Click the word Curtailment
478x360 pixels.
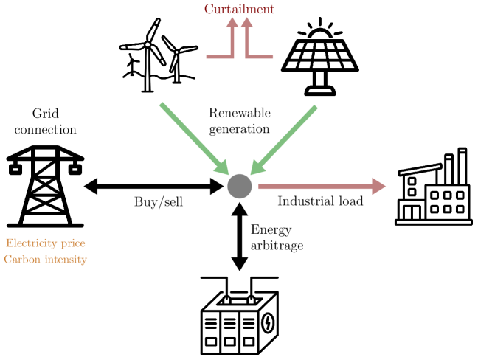(239, 10)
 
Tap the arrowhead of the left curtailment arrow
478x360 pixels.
(232, 23)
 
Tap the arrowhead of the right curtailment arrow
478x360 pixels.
(247, 23)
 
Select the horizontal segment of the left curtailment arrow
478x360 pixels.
(218, 56)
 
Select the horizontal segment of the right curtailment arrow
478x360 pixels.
(261, 56)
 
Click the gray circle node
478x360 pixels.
(240, 187)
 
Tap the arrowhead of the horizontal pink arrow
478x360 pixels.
(379, 187)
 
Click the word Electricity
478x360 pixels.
(32, 243)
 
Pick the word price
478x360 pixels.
(73, 244)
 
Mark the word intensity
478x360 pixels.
(65, 260)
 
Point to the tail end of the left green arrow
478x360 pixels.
(162, 105)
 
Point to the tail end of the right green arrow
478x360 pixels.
(315, 108)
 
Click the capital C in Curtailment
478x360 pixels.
(209, 10)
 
